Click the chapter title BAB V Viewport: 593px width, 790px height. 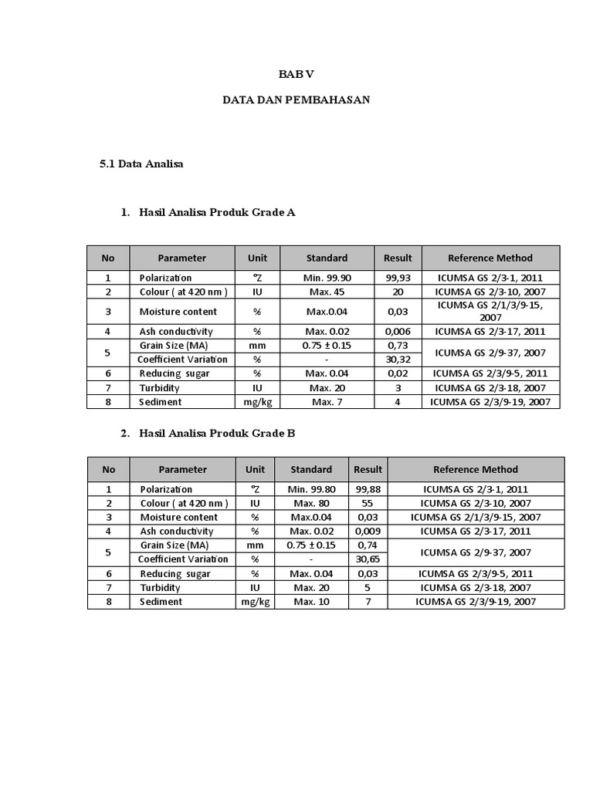pyautogui.click(x=296, y=74)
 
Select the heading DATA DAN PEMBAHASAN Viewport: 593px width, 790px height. pyautogui.click(x=296, y=100)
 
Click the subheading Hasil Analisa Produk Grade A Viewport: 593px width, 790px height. pyautogui.click(x=217, y=212)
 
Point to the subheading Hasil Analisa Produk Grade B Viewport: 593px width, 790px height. pyautogui.click(x=217, y=433)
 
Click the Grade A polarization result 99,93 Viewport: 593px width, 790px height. pyautogui.click(x=398, y=278)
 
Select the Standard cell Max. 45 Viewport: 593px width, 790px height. pyautogui.click(x=327, y=292)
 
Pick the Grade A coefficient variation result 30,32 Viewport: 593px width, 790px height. pyautogui.click(x=398, y=360)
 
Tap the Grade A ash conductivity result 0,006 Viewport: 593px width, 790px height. pyautogui.click(x=398, y=332)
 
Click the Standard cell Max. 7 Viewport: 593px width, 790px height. pyautogui.click(x=327, y=402)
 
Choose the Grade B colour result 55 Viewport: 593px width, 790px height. pyautogui.click(x=368, y=503)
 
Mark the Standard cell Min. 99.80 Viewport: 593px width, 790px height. pyautogui.click(x=311, y=489)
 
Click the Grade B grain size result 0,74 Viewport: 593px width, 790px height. pyautogui.click(x=368, y=545)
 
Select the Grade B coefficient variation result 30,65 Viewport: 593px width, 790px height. pyautogui.click(x=368, y=559)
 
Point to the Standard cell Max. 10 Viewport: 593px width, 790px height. pyautogui.click(x=311, y=602)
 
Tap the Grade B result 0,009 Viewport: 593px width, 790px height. pyautogui.click(x=368, y=531)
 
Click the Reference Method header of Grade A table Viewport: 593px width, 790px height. pyautogui.click(x=490, y=258)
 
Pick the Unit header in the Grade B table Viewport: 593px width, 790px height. pyautogui.click(x=255, y=469)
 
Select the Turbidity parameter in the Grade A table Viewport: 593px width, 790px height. pyautogui.click(x=160, y=388)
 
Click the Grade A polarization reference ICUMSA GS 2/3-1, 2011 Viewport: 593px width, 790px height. pyautogui.click(x=490, y=278)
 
